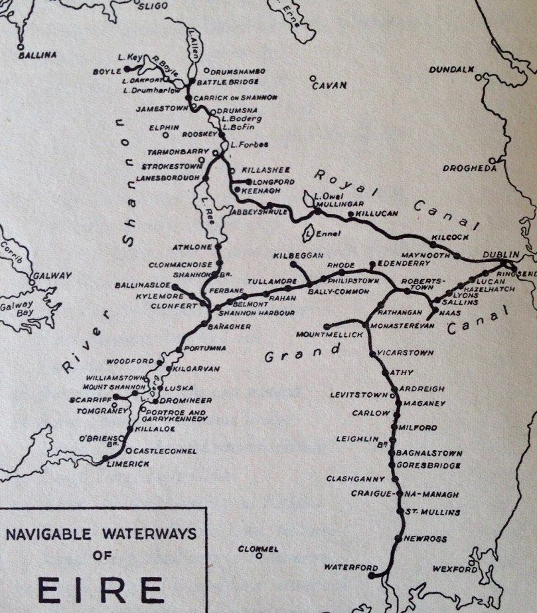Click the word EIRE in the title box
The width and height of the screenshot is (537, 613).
(100, 590)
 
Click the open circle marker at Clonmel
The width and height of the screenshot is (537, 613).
(259, 557)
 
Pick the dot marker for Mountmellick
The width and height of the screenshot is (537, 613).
(327, 326)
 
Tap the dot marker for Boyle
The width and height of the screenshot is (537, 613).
(126, 68)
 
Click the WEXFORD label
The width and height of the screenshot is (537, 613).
(451, 569)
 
